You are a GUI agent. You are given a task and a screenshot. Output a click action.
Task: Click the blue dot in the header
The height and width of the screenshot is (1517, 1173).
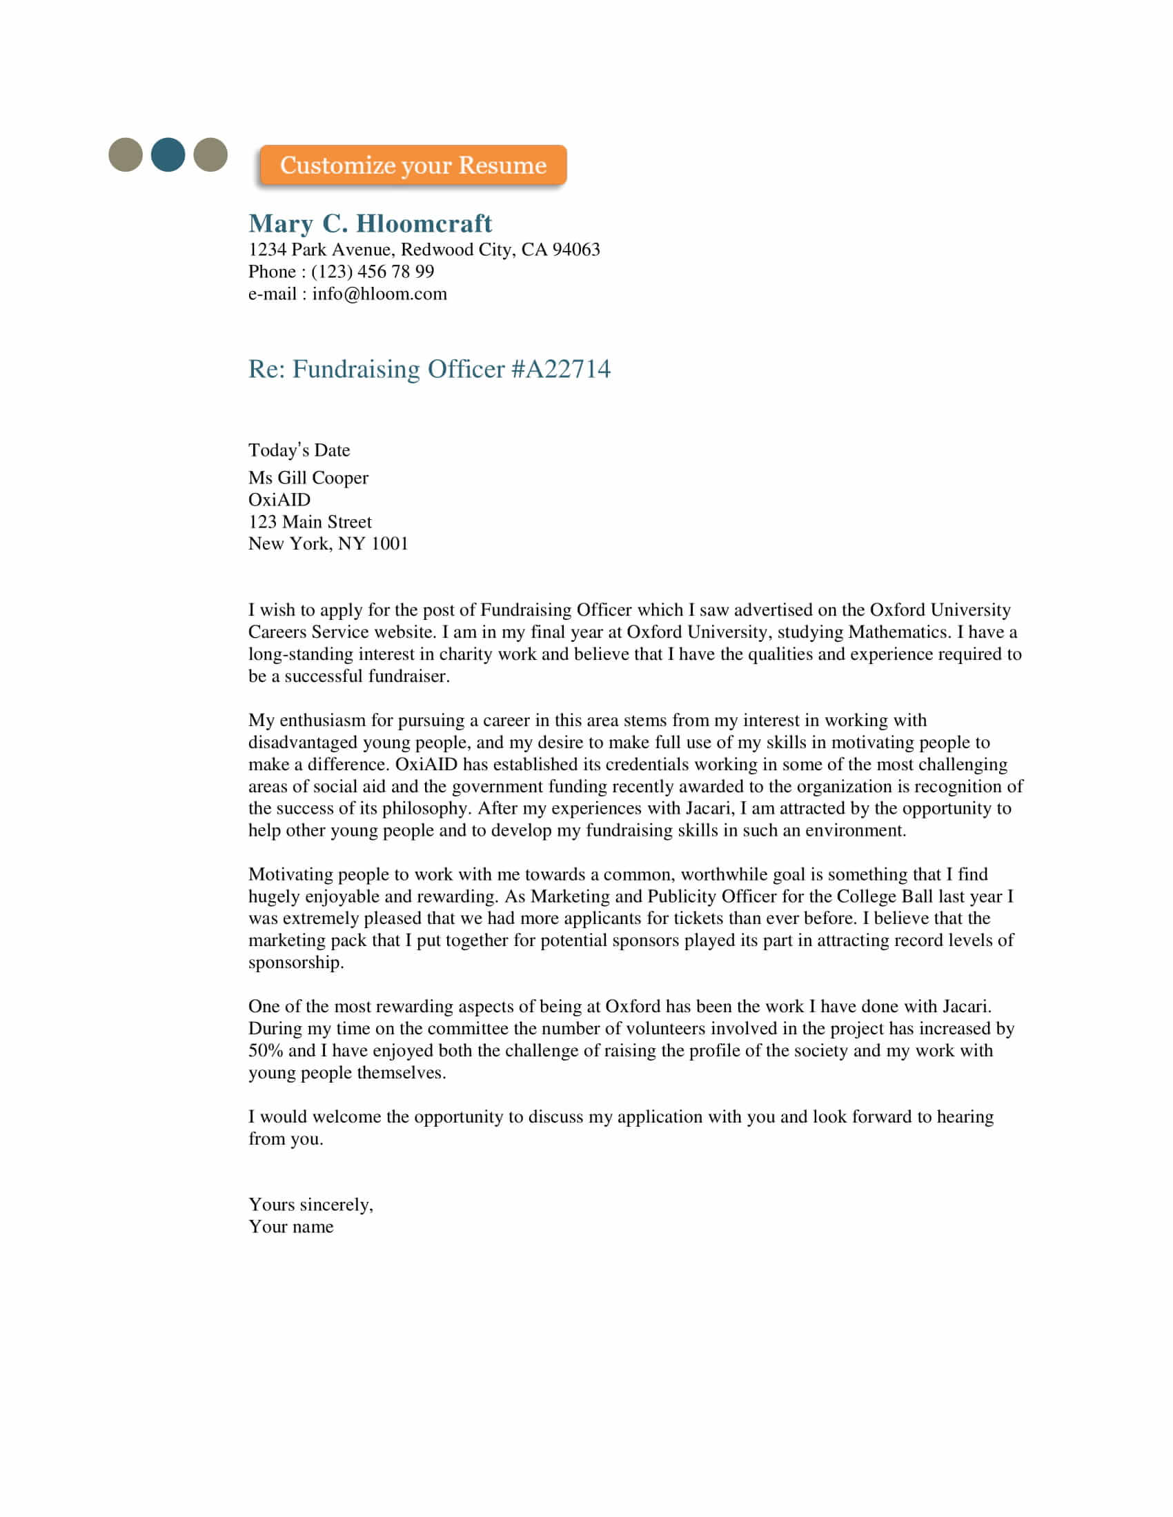coord(168,154)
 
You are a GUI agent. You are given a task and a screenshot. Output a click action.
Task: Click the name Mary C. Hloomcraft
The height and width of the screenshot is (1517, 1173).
coord(370,223)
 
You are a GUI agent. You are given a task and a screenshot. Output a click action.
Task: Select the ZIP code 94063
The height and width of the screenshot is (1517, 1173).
coord(575,250)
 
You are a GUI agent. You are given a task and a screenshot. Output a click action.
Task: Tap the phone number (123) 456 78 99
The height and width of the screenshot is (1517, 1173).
coord(373,272)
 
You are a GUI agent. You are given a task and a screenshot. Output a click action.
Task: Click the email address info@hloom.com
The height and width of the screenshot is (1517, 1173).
coord(379,294)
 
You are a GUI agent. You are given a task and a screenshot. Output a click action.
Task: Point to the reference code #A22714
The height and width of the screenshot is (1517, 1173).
coord(561,369)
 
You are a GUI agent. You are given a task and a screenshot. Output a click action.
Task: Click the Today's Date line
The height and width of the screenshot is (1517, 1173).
coord(299,450)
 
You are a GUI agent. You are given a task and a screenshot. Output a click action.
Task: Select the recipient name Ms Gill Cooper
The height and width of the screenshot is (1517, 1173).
coord(308,478)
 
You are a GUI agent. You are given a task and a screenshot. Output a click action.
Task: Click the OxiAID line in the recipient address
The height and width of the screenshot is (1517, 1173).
coord(279,500)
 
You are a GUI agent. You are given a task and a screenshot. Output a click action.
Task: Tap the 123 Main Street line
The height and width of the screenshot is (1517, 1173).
coord(310,522)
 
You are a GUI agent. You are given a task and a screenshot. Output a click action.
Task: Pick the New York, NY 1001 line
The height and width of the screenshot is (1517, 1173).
coord(328,544)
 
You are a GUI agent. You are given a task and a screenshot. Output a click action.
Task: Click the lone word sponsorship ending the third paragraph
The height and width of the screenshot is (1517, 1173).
coord(295,963)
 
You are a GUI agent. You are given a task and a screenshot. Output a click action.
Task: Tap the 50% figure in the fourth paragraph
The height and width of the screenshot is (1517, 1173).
coord(266,1051)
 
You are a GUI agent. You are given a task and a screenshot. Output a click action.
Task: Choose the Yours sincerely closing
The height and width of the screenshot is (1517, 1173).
coord(310,1205)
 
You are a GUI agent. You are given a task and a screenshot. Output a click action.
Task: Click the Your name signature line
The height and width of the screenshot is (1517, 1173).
coord(291,1227)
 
